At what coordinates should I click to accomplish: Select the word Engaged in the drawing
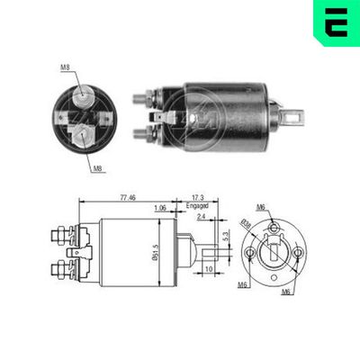point(197,205)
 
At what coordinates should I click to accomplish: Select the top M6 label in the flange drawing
point(261,207)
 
